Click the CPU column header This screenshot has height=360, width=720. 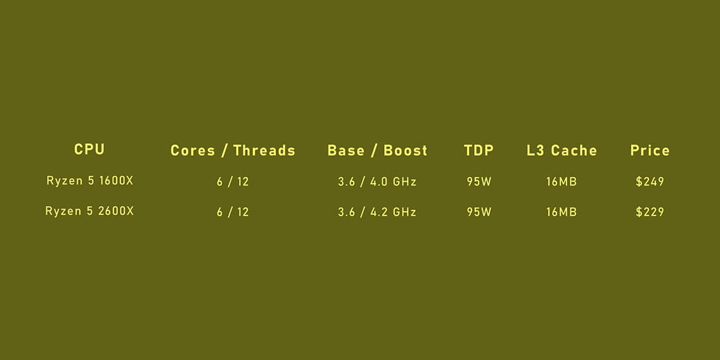pyautogui.click(x=89, y=149)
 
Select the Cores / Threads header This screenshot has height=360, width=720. pyautogui.click(x=233, y=151)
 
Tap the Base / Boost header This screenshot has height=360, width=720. pyautogui.click(x=378, y=151)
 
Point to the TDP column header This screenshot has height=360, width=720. pyautogui.click(x=479, y=151)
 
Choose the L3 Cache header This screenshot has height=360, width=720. pyautogui.click(x=562, y=151)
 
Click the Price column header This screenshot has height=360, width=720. pyautogui.click(x=650, y=151)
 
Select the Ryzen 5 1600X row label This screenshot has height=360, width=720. pyautogui.click(x=90, y=181)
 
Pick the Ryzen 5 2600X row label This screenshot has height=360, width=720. pyautogui.click(x=89, y=211)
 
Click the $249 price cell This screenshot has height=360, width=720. pyautogui.click(x=650, y=181)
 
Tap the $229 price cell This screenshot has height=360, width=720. pyautogui.click(x=650, y=212)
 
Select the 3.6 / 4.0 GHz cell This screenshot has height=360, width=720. pyautogui.click(x=378, y=182)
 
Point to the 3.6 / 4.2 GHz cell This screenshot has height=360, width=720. pyautogui.click(x=378, y=212)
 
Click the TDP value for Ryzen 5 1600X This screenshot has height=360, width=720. pyautogui.click(x=479, y=182)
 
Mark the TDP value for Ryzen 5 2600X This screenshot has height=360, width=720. pyautogui.click(x=479, y=212)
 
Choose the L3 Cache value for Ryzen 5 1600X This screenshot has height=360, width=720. pyautogui.click(x=562, y=182)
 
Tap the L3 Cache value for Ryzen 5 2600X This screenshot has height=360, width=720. pyautogui.click(x=562, y=212)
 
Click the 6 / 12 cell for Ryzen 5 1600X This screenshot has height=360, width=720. pyautogui.click(x=233, y=182)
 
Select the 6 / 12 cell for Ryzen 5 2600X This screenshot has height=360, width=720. pyautogui.click(x=233, y=212)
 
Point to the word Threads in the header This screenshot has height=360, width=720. pyautogui.click(x=264, y=151)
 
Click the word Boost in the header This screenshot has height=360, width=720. pyautogui.click(x=406, y=151)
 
